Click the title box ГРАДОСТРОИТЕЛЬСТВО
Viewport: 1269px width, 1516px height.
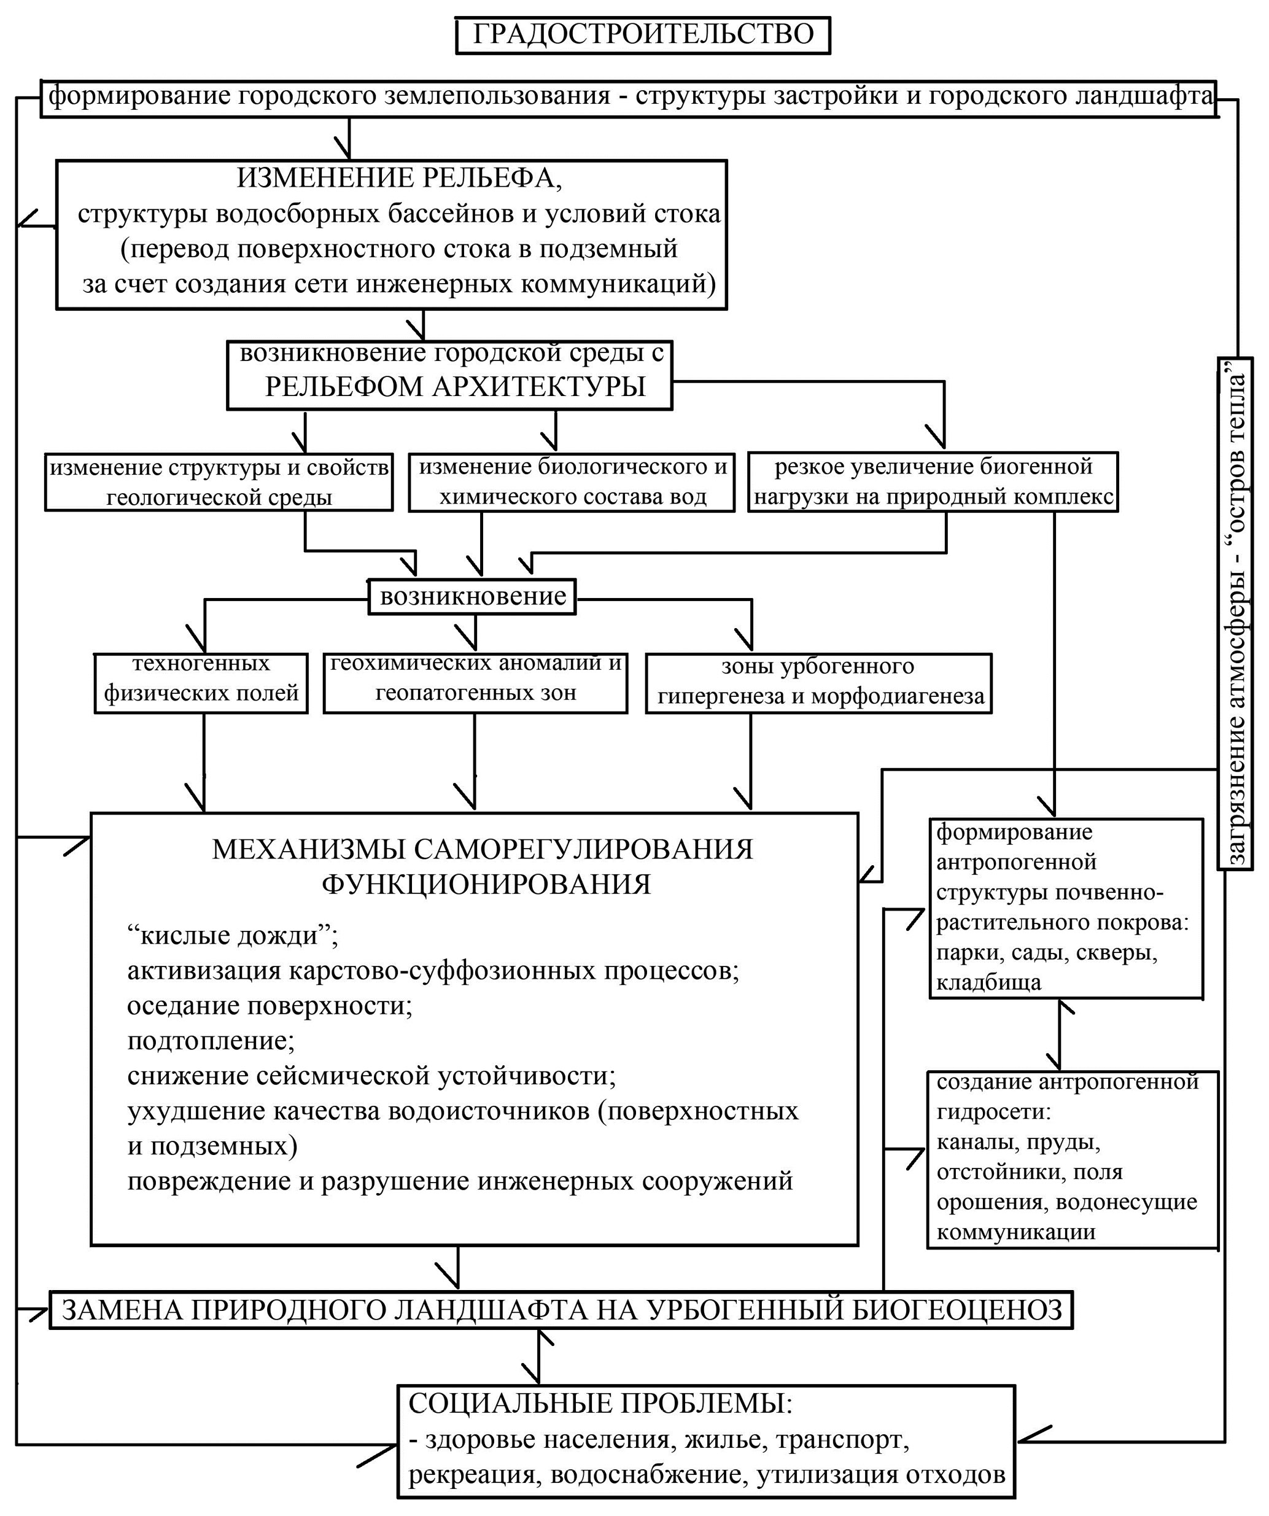[x=642, y=34]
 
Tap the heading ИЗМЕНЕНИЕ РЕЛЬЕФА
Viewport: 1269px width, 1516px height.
[x=399, y=177]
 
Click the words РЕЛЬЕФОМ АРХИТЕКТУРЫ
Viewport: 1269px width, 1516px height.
[x=455, y=387]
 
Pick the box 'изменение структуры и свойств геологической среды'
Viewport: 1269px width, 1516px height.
[x=219, y=482]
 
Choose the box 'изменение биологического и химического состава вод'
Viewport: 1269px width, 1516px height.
[x=572, y=481]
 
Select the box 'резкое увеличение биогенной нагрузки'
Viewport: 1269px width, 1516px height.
[x=933, y=481]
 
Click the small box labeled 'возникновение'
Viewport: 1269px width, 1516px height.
[x=472, y=596]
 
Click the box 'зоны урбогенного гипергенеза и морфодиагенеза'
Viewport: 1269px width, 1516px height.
[x=818, y=683]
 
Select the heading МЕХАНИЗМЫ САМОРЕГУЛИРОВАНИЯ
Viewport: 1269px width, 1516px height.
[x=482, y=849]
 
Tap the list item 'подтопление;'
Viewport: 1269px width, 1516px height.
[x=211, y=1041]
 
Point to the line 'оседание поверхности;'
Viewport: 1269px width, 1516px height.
[x=270, y=1006]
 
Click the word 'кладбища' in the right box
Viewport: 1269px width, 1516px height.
[x=989, y=982]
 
